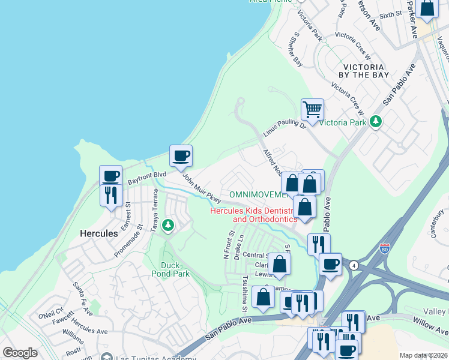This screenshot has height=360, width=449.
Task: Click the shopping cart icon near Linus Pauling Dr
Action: (312, 109)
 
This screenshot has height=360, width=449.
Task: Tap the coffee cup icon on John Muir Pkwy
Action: (181, 156)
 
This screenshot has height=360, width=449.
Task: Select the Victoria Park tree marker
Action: (376, 122)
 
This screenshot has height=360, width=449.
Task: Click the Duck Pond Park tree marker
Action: (169, 226)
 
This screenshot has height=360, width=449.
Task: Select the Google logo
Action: (20, 353)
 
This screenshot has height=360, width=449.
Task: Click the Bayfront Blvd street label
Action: (146, 178)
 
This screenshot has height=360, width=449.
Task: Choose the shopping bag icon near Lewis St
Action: (280, 263)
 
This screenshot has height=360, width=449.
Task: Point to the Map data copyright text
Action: (423, 355)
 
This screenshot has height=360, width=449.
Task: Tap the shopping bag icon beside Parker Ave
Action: (427, 8)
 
